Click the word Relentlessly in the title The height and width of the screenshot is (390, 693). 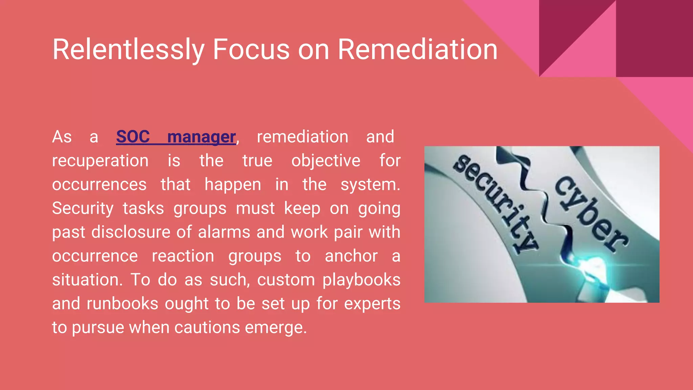coord(128,50)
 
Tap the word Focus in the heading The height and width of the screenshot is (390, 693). coord(251,50)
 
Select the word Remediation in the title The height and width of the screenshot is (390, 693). coord(417,50)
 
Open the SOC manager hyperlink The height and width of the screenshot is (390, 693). coord(176,137)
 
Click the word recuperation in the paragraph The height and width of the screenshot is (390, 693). coord(100,161)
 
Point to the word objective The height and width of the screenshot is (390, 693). coord(326,161)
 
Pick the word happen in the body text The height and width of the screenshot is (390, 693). coord(232,185)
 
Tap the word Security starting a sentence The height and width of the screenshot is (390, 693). coord(83,209)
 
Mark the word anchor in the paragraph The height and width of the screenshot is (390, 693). coord(351,256)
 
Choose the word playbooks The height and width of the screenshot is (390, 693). coord(361,280)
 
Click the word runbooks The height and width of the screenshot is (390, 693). coord(122,304)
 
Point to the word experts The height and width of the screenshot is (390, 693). coord(372,304)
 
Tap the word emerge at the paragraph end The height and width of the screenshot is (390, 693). coord(275,328)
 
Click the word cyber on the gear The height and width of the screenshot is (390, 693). coord(591,213)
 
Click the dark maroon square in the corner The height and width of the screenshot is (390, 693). coord(654,38)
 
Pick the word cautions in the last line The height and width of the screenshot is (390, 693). coord(207,328)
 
